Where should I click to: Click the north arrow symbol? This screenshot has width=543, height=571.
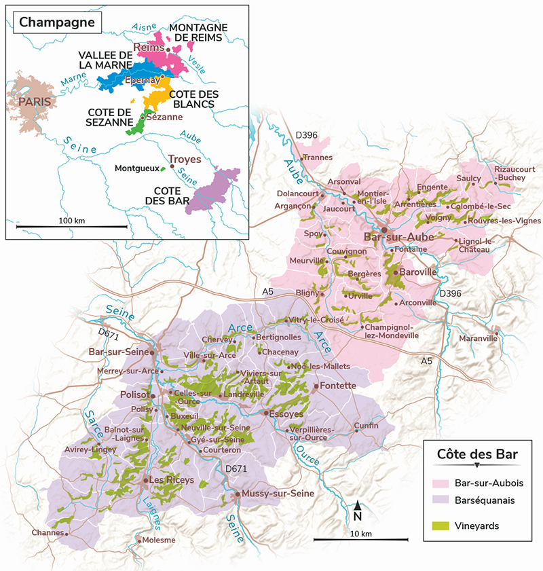point(358,506)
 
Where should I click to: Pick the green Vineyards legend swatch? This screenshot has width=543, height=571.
point(443,525)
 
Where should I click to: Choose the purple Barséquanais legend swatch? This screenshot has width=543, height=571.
point(443,500)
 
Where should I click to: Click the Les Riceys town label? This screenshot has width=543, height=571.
point(172,480)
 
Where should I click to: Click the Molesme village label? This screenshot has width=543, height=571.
point(160,540)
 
